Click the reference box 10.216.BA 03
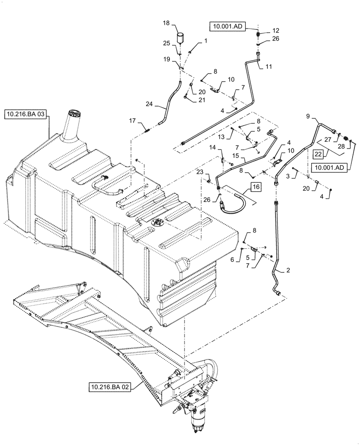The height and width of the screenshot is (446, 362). coord(25,115)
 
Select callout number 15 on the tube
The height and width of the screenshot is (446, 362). coord(236,157)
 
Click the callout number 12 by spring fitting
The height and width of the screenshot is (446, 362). coord(276,30)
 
